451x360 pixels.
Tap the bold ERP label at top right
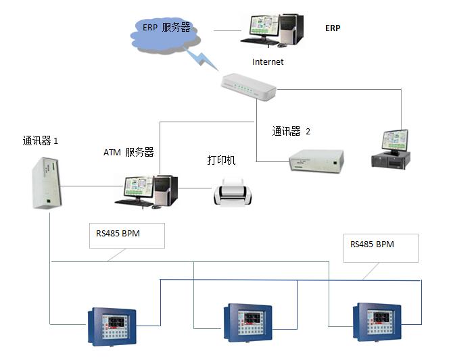pyautogui.click(x=333, y=28)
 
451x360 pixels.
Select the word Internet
pyautogui.click(x=268, y=61)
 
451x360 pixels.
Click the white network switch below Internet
pyautogui.click(x=249, y=86)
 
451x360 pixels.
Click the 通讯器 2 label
pyautogui.click(x=291, y=132)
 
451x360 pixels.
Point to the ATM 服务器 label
pyautogui.click(x=128, y=152)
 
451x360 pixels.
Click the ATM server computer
pyautogui.click(x=148, y=189)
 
